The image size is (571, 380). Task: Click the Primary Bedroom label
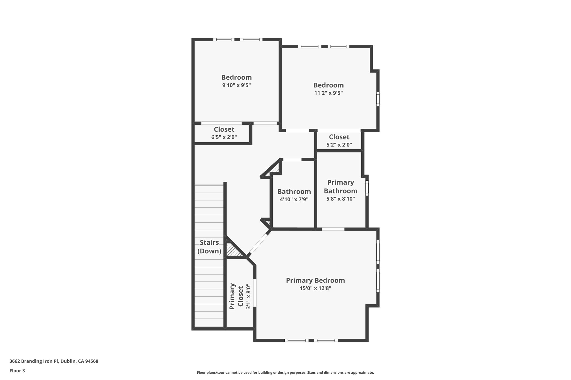(x=315, y=280)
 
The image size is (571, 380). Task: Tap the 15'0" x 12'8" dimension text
(x=315, y=288)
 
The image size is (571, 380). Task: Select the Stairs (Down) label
(x=209, y=247)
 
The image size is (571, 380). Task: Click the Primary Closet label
(x=236, y=296)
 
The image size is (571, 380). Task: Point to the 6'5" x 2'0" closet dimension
(x=224, y=137)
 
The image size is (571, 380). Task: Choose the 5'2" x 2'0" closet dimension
(x=339, y=145)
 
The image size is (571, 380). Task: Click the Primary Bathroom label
(x=340, y=187)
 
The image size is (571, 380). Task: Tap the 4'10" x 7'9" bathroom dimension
(x=294, y=199)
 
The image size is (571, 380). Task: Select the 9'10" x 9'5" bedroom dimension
(x=236, y=85)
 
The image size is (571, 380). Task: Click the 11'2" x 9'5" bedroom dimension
(x=328, y=93)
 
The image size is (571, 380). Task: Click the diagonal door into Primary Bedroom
(x=259, y=244)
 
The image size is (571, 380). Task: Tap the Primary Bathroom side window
(x=367, y=188)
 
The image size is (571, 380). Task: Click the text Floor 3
(x=17, y=371)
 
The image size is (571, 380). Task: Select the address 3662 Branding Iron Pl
(x=54, y=361)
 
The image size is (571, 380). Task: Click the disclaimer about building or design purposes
(x=285, y=372)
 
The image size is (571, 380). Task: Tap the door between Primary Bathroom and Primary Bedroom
(x=333, y=229)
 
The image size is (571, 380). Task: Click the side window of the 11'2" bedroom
(x=378, y=99)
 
